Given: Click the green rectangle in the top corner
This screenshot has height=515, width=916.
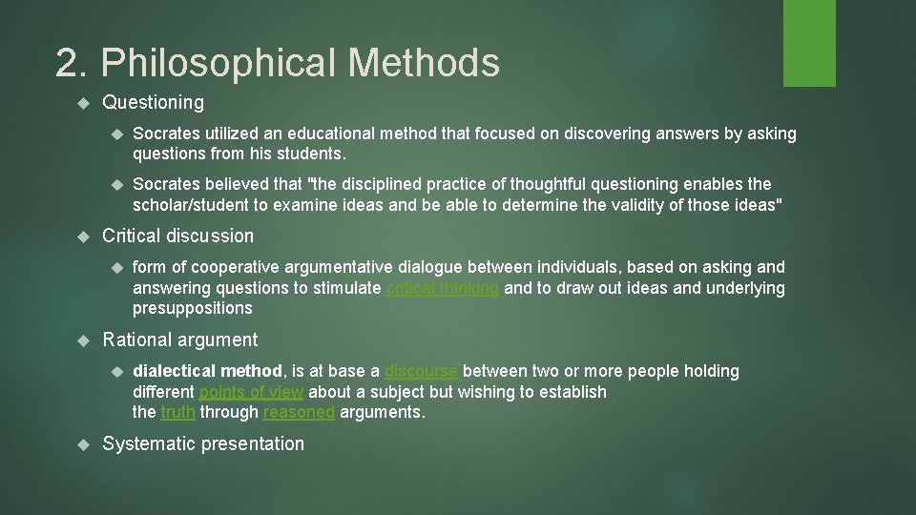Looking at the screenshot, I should click(809, 43).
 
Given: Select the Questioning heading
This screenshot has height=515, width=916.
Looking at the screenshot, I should click(153, 102).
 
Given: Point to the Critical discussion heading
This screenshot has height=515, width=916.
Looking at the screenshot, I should click(177, 236).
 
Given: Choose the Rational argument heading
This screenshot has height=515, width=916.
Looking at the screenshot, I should click(179, 340).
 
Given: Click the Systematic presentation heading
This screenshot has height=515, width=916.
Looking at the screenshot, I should click(203, 443).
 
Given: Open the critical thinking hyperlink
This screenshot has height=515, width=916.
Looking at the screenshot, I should click(442, 288).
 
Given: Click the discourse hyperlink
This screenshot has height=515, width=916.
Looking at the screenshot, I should click(420, 371).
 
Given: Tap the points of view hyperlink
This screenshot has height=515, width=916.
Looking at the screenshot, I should click(251, 392).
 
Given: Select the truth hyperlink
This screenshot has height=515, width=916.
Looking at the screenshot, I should click(177, 412).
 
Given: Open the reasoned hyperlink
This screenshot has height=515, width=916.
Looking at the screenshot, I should click(299, 412).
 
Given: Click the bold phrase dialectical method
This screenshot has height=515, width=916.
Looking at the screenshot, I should click(207, 371).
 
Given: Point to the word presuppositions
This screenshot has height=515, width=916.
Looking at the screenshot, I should click(192, 308).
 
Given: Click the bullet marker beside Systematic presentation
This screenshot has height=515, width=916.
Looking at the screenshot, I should click(83, 444).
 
